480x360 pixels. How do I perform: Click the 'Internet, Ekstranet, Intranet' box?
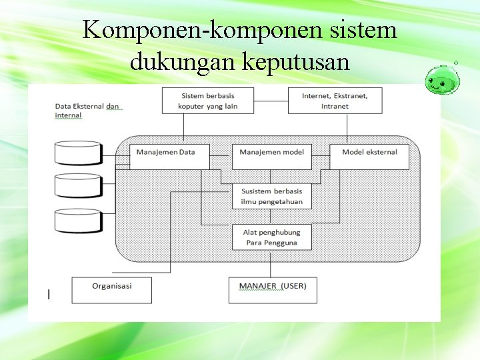pos(335,101)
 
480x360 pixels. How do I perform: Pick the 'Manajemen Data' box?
pos(169,155)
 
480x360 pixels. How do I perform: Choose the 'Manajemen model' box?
pos(272,155)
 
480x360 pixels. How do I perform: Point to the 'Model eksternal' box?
pos(369,155)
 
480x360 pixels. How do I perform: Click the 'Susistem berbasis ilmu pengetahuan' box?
pos(272,196)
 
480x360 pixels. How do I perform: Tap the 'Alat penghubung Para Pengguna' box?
pos(272,237)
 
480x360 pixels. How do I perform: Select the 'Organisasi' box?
pos(111,290)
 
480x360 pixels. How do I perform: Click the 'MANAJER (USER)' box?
pos(273,290)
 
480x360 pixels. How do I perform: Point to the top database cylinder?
pos(78,153)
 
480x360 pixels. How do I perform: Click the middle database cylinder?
pos(78,185)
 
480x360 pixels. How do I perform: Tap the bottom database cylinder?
pos(78,221)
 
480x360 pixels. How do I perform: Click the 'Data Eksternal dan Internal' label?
pos(87,111)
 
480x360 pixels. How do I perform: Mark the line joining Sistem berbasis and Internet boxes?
pos(271,101)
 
